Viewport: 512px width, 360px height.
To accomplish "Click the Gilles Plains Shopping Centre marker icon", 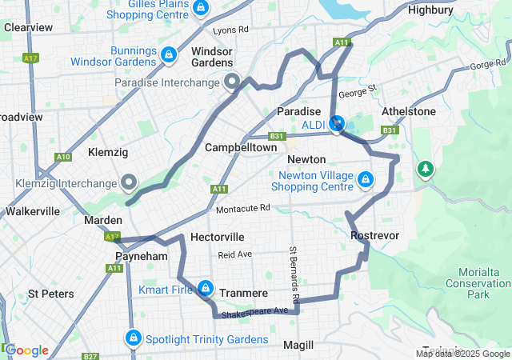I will click(201, 9).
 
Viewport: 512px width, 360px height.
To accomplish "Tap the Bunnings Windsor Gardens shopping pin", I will click(168, 54).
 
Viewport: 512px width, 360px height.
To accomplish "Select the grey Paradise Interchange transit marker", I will click(233, 82).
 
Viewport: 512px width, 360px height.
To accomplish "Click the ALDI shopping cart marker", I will click(337, 124).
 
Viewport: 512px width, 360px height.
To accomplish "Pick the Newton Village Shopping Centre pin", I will click(366, 178).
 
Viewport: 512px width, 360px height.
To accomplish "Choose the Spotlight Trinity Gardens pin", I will click(133, 339).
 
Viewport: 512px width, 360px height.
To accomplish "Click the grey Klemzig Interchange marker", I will click(129, 182).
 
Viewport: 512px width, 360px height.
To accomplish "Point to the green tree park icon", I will click(426, 169).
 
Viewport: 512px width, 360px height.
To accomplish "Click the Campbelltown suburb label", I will click(241, 148).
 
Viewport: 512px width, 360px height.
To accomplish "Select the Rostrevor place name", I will click(374, 235).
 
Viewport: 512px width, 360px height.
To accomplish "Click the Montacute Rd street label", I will click(243, 209).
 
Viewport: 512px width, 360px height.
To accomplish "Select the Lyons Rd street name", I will click(232, 30).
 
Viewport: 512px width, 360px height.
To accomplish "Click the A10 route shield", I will click(63, 157).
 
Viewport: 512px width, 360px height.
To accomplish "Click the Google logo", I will click(26, 350).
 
